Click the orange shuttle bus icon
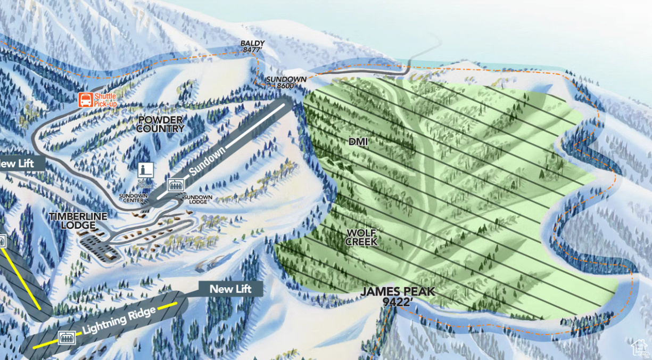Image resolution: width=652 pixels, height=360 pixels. click(85, 100)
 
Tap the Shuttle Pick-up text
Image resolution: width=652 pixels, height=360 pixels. click(105, 100)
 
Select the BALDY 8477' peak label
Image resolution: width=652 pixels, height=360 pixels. click(252, 46)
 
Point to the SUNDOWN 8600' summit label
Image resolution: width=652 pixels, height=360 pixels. click(286, 82)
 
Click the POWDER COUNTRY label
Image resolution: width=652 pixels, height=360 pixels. click(160, 124)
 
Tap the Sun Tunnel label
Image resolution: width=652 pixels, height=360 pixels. click(145, 184)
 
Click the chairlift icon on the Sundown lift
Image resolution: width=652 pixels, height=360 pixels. click(174, 185)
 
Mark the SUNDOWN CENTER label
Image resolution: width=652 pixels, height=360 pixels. click(133, 198)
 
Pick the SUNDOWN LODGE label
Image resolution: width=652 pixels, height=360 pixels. click(198, 200)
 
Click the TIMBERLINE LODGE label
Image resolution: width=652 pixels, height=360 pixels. click(78, 220)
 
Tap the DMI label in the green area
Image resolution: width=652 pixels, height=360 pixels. click(358, 142)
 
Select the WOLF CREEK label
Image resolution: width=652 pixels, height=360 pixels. click(361, 237)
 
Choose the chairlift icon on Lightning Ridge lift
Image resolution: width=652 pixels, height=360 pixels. click(67, 337)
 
